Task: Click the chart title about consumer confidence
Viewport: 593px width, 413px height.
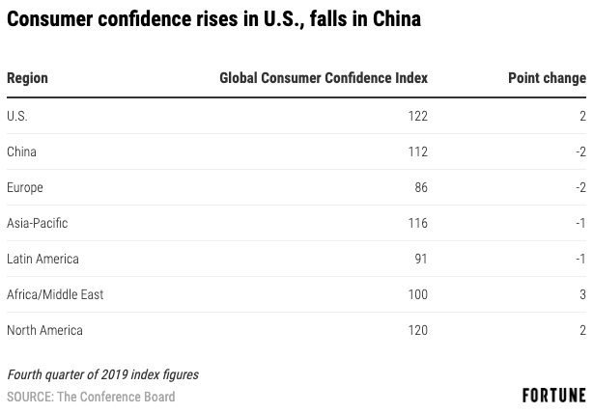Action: pos(213,19)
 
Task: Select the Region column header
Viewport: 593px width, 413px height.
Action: pos(27,78)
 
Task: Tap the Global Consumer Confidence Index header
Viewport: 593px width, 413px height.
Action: pos(324,78)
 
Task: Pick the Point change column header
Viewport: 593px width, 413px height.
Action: pos(547,78)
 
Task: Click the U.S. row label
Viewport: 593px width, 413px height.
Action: pos(17,116)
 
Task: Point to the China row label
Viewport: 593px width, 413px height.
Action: pos(21,151)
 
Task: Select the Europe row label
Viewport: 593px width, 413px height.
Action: pos(25,187)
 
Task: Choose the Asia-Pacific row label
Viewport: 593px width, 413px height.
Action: pos(37,223)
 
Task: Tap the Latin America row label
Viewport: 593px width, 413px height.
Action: pos(42,259)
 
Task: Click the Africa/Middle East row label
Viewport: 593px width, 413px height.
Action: pos(55,294)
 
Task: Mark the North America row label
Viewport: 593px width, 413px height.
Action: pos(44,330)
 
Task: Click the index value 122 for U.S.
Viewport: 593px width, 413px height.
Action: pos(417,116)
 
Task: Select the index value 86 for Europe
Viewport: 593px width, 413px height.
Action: pos(421,187)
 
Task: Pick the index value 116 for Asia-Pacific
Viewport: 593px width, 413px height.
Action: pos(417,223)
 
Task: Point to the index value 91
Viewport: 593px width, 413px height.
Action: pos(421,259)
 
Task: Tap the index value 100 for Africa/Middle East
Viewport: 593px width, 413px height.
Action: pos(417,294)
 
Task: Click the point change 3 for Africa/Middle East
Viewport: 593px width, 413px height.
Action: pos(582,294)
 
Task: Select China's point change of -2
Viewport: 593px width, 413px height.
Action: pos(579,151)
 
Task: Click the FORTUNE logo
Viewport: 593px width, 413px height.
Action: pos(553,396)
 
